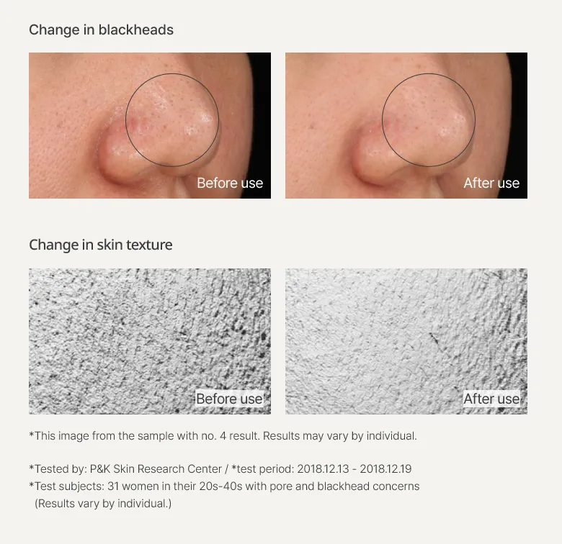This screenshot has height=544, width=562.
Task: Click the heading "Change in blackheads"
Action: pos(101,30)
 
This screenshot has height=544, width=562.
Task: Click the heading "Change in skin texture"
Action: pos(101,245)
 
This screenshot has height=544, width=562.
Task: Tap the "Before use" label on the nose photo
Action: pos(230,183)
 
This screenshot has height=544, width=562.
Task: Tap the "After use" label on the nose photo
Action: pos(491,183)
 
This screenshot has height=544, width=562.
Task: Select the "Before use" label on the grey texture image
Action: pos(229,399)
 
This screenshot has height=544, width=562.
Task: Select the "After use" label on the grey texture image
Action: pos(491,399)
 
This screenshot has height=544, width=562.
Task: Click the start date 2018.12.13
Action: pos(323,469)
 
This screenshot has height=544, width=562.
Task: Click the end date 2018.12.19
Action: pos(385,469)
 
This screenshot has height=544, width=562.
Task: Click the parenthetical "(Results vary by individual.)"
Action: pos(103,504)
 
